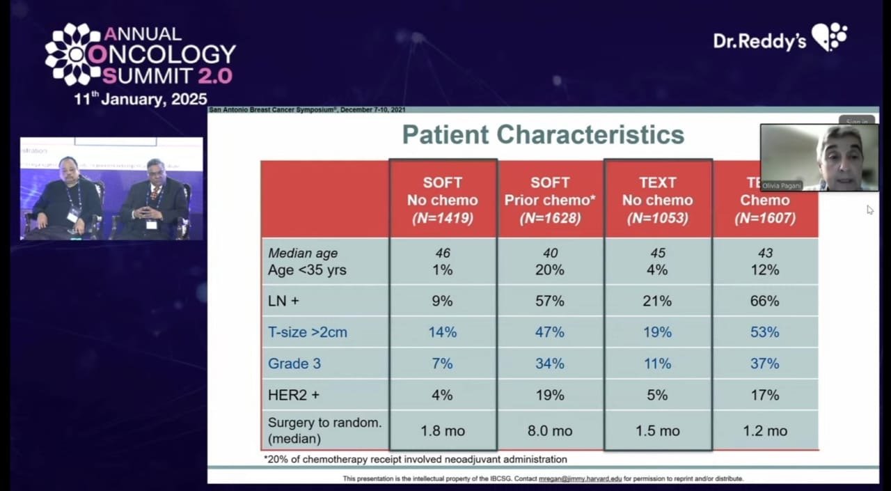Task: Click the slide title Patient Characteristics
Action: [543, 134]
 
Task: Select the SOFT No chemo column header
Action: [443, 200]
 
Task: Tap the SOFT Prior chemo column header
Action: [550, 200]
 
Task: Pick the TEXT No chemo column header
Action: [658, 200]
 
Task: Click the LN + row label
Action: [284, 301]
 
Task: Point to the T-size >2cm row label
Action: [308, 332]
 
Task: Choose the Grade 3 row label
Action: [294, 364]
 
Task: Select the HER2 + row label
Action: [294, 395]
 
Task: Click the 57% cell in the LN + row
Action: [550, 301]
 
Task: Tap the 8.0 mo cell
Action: [550, 431]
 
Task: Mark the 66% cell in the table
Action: [765, 301]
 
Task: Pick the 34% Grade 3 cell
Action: [550, 364]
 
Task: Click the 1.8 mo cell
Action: [443, 431]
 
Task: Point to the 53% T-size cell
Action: [765, 332]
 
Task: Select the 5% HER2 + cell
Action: [658, 395]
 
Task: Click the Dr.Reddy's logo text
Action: [759, 40]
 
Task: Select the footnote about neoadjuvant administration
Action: [416, 460]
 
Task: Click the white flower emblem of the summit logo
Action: [73, 54]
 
